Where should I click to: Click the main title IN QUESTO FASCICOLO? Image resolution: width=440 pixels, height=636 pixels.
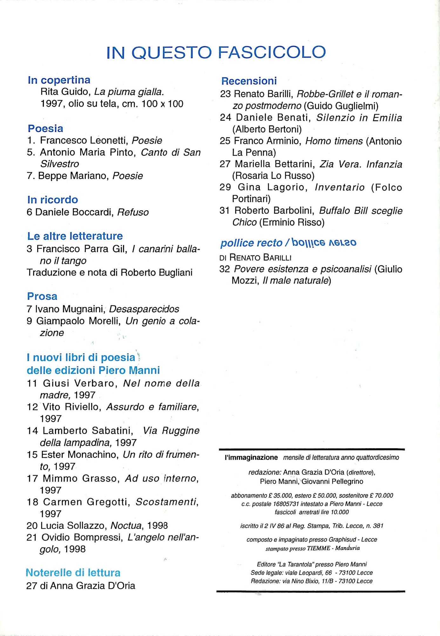[x=216, y=52]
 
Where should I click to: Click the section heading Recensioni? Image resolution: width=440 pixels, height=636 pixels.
[x=249, y=81]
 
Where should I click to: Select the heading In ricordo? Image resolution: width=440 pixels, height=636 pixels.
[x=52, y=200]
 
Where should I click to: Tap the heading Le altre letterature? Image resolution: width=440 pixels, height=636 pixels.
[x=75, y=236]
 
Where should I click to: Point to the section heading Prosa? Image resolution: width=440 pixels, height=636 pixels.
[x=42, y=296]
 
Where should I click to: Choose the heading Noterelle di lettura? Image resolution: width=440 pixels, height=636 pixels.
[x=73, y=573]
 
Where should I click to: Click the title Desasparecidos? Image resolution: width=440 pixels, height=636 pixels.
[x=144, y=309]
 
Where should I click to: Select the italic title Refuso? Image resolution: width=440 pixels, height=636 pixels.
[x=133, y=212]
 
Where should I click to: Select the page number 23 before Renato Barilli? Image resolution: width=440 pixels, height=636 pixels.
[x=226, y=94]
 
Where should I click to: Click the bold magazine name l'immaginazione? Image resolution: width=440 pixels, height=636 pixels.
[x=251, y=458]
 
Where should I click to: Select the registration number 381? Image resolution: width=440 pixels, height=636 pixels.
[x=378, y=526]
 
